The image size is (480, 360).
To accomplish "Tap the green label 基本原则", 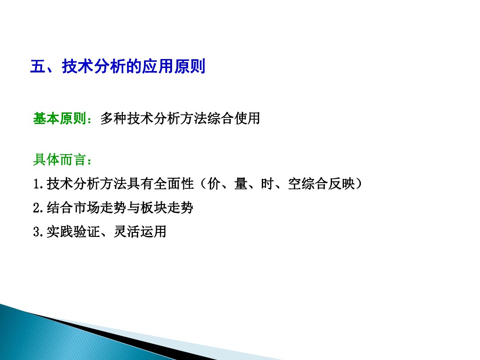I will (x=60, y=119).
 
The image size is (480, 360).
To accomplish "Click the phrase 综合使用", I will (x=233, y=119).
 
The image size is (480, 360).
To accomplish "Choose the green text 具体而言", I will (x=60, y=160).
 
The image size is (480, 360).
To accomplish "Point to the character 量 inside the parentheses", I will (x=241, y=184).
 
